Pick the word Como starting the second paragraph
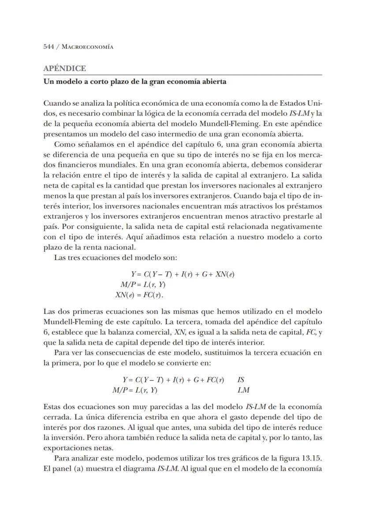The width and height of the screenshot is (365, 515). click(63, 144)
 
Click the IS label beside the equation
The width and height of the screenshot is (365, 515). click(241, 380)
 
